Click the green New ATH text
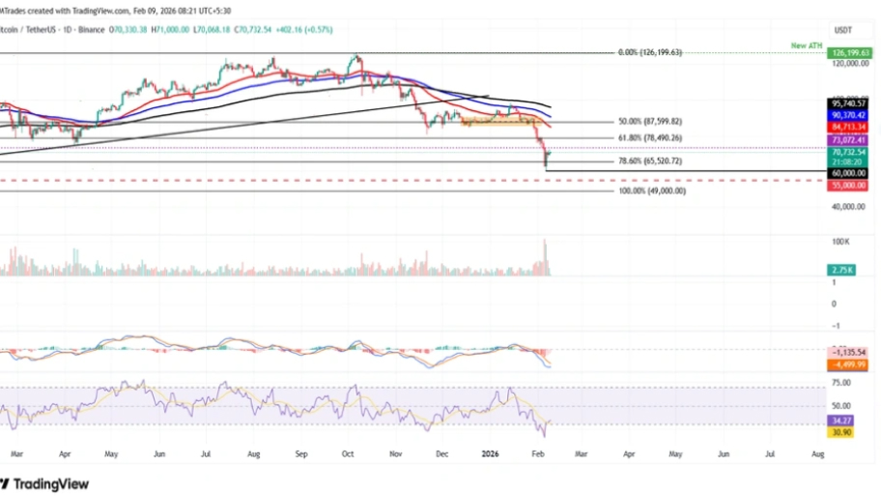(806, 45)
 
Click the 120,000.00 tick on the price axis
(847, 63)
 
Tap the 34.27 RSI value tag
(841, 421)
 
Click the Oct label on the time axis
(348, 452)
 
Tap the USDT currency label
(842, 29)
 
